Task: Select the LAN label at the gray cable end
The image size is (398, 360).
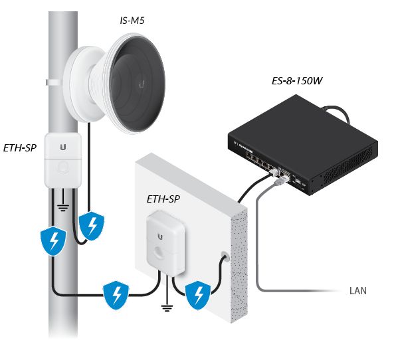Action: tap(357, 291)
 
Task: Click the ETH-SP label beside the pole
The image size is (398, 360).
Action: tap(20, 148)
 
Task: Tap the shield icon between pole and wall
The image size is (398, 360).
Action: tap(116, 293)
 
